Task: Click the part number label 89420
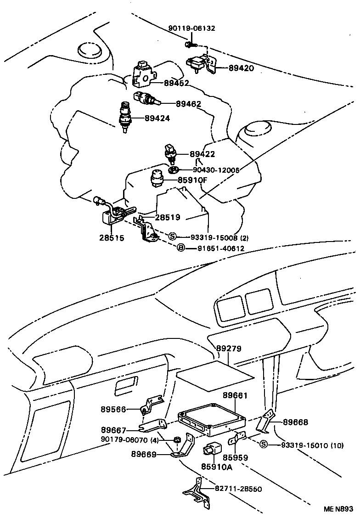coord(241,68)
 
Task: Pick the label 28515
coord(111,238)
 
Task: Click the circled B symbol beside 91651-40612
coord(181,248)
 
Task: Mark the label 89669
coord(144,455)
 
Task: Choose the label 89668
coord(295,422)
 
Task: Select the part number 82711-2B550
coord(238,489)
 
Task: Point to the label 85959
coord(235,458)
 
